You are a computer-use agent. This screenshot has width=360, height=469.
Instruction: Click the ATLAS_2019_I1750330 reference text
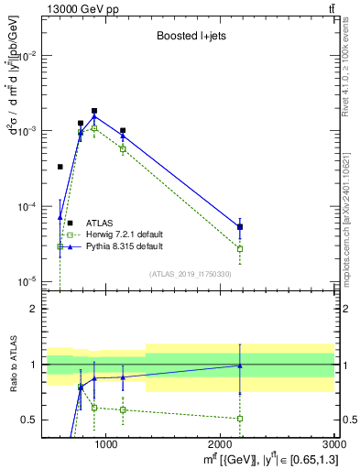pos(191,274)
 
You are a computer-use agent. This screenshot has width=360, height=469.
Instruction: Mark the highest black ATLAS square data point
pos(94,111)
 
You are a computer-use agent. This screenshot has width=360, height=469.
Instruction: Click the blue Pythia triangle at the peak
pos(94,117)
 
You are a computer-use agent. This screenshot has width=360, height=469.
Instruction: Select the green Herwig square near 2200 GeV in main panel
pos(240,248)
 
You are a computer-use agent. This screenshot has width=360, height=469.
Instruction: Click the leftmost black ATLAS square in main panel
pos(60,167)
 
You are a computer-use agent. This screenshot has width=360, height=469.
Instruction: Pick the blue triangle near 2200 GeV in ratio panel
pos(240,365)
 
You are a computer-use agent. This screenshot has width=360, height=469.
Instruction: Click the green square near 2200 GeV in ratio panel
pos(240,418)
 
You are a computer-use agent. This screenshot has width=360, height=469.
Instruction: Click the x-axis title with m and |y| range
pos(267,459)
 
